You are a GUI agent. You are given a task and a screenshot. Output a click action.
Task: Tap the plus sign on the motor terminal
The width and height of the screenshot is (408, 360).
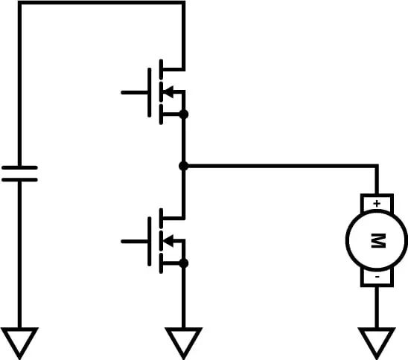(x=377, y=202)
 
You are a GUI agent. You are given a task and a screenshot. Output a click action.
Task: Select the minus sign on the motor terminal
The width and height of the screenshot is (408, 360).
(x=377, y=277)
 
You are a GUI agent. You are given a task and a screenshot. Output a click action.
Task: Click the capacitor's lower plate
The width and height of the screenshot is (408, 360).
(x=19, y=179)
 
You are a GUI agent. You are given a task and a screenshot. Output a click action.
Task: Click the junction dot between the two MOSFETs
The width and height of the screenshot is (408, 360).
(x=183, y=166)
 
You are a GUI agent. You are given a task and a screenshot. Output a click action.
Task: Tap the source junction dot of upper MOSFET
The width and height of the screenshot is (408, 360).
(x=184, y=115)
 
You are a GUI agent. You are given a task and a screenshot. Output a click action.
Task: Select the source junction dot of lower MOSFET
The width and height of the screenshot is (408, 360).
(x=184, y=263)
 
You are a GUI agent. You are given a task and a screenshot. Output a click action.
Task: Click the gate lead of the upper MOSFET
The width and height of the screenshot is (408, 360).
(x=134, y=92)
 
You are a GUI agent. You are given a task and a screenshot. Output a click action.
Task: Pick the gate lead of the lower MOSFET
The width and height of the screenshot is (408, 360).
(x=134, y=241)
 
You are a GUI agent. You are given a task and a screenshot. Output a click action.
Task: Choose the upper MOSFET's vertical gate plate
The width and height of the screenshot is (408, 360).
(x=150, y=92)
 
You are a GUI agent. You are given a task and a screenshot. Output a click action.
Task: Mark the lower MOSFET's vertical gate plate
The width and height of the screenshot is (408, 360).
(x=150, y=241)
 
